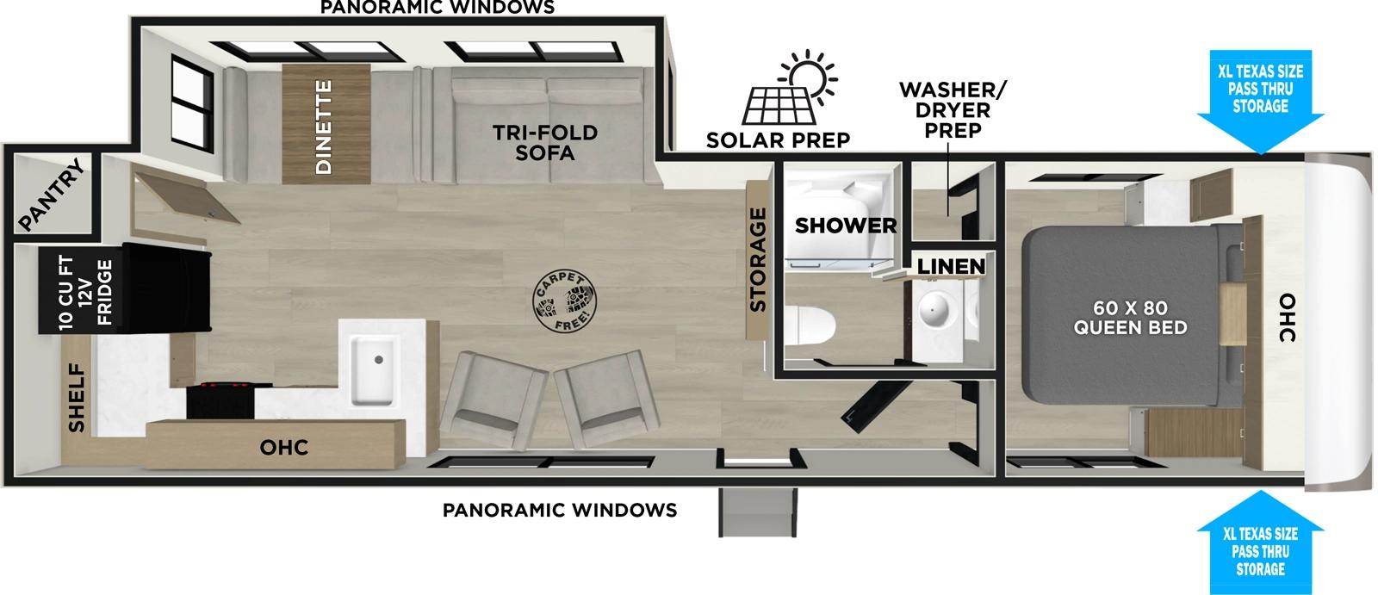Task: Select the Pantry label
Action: (52, 196)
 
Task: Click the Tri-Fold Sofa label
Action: (544, 143)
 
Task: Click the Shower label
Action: (845, 226)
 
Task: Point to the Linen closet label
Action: (950, 267)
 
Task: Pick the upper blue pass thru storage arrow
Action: (1259, 103)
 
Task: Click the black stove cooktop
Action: (222, 399)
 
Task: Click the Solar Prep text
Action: (778, 139)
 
